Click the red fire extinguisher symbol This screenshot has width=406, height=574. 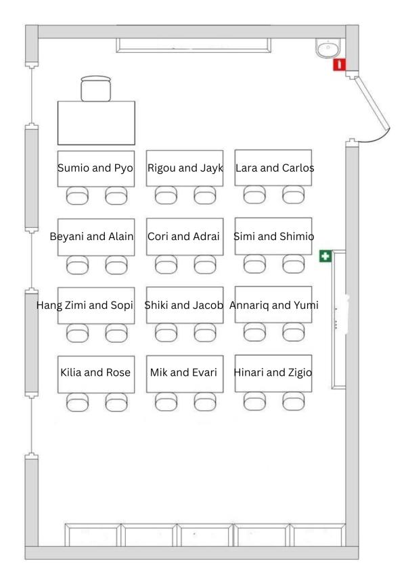(x=339, y=64)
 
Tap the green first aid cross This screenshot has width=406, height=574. (x=325, y=256)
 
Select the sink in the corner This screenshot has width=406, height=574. (x=328, y=47)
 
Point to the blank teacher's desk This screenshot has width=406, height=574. (x=96, y=122)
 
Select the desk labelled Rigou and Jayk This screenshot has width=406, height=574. (x=185, y=168)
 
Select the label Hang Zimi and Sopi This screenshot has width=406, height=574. (x=85, y=305)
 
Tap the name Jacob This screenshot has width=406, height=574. (x=206, y=305)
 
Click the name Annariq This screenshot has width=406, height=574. (x=251, y=305)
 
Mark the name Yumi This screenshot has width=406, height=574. (x=304, y=305)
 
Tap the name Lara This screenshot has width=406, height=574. (x=247, y=168)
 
